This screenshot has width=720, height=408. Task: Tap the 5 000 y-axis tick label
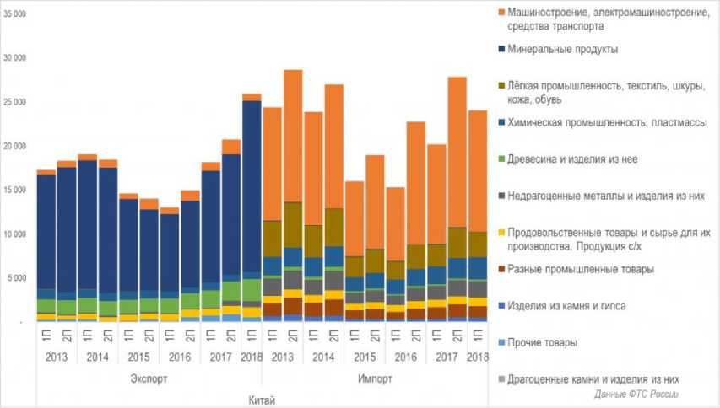(x=18, y=277)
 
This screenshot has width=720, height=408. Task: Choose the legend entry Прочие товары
(x=549, y=342)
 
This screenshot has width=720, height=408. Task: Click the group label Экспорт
(x=149, y=378)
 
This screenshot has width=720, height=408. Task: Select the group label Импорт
(x=374, y=378)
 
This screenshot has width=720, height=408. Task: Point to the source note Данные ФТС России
(x=636, y=395)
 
